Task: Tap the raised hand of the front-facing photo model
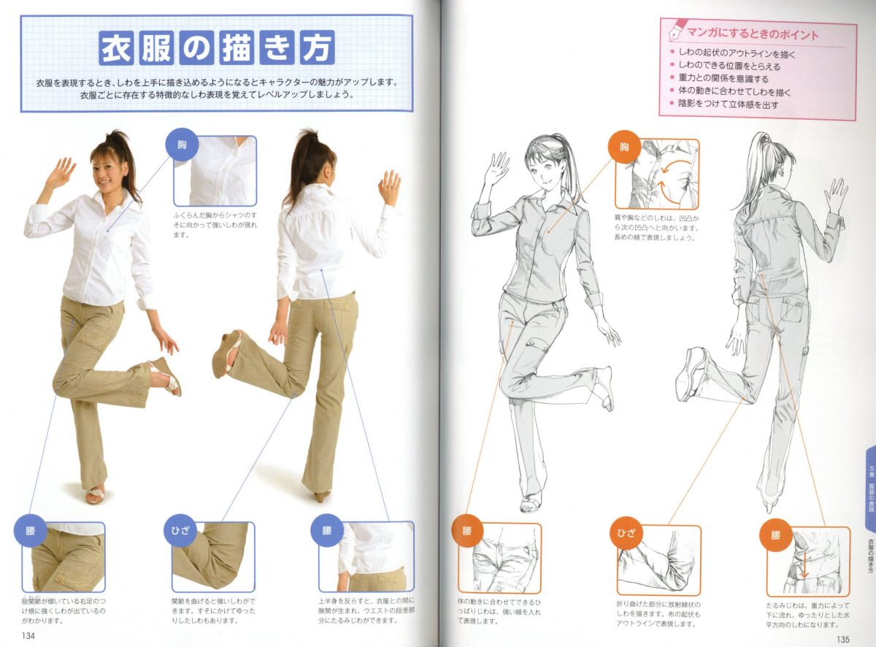click(61, 172)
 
